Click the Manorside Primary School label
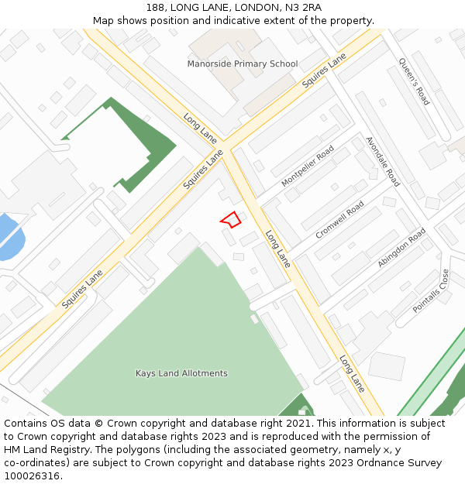tap(242, 64)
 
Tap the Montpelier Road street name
tap(308, 166)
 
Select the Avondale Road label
tap(382, 162)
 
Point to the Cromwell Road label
tap(339, 220)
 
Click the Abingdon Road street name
tap(401, 248)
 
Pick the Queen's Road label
tap(413, 81)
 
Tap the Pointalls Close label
tap(431, 290)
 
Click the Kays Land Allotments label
tap(181, 373)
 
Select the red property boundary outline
tap(230, 220)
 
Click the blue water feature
tap(9, 237)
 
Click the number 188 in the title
tap(155, 8)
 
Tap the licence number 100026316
tap(32, 476)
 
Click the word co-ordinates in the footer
tap(35, 463)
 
